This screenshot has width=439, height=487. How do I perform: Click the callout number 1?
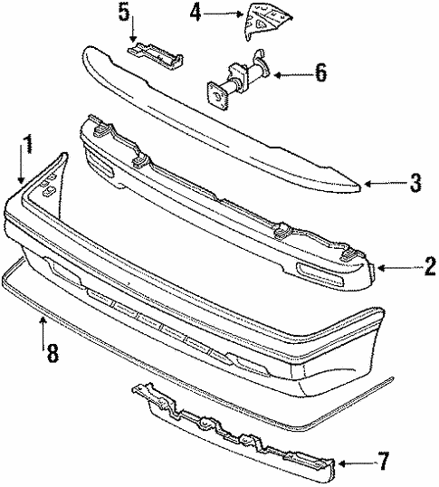point(28,144)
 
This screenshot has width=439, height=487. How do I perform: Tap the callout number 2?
point(430,266)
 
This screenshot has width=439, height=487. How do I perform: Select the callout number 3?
point(415,183)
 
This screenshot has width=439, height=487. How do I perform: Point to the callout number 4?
point(196,13)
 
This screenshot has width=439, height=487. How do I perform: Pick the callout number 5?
point(124,13)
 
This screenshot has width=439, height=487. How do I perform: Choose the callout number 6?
point(320,72)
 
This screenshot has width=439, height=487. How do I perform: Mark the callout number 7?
point(383,462)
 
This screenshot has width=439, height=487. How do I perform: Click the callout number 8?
point(52,353)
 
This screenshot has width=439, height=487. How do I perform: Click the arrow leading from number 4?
point(223,14)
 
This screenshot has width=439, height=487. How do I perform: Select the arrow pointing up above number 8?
point(43,333)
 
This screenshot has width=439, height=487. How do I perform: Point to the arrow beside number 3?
point(385,184)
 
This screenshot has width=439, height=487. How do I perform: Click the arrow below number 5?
point(133,29)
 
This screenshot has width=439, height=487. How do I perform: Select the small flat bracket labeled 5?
point(155,55)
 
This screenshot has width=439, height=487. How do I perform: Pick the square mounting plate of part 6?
point(217,96)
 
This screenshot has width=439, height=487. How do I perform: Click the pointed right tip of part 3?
point(360,187)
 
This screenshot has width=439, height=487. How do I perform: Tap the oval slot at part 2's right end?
point(320,274)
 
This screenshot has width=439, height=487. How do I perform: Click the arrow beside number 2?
point(399,268)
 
